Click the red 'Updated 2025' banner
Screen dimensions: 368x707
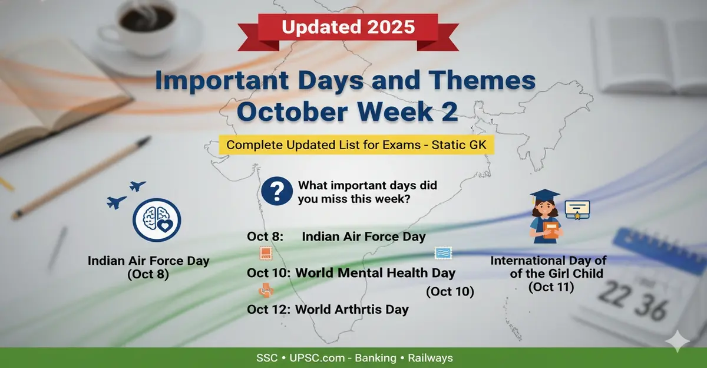point(348,27)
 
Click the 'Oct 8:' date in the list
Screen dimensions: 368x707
point(265,237)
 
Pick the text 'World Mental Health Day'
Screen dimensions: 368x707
point(375,273)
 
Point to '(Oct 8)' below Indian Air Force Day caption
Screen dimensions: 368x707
point(148,274)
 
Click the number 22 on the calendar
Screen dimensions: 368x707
point(617,293)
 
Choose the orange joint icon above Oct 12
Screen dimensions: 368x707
point(265,291)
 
